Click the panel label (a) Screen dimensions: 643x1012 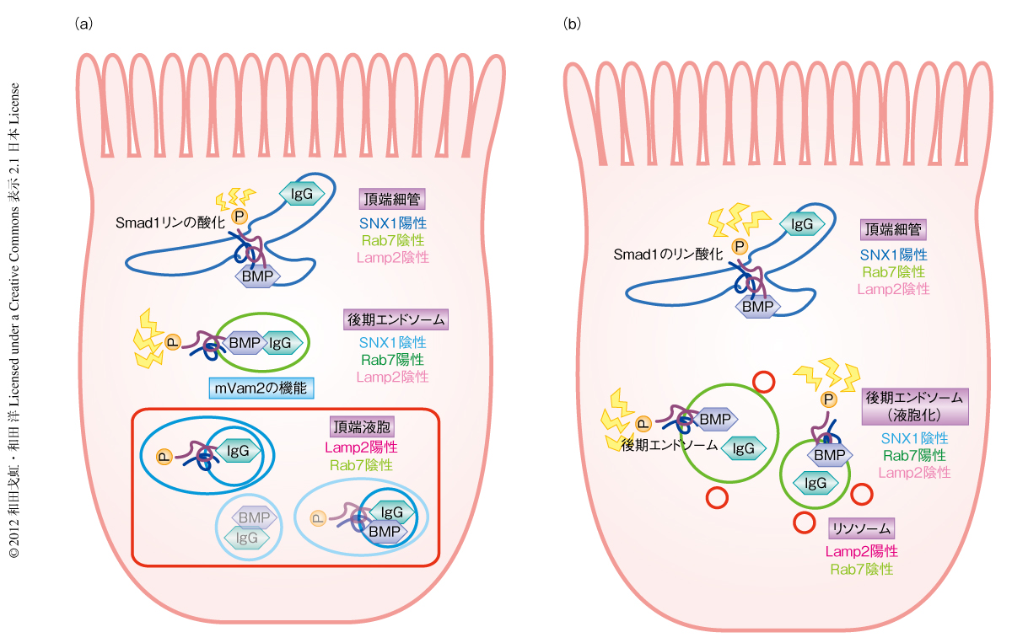(83, 24)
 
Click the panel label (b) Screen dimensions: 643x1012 (572, 24)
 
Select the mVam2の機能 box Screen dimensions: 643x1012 (261, 388)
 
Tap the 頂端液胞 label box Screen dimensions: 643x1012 (362, 426)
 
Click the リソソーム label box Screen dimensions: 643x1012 (861, 528)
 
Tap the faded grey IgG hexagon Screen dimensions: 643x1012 (247, 537)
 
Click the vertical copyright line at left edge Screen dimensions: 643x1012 (14, 320)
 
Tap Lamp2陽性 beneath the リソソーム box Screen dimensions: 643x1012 (861, 551)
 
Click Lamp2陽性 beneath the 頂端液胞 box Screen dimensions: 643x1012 (362, 447)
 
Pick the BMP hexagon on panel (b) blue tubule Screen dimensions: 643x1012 (756, 307)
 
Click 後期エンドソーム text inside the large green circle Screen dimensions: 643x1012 (666, 447)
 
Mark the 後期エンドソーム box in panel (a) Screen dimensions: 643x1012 (396, 320)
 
